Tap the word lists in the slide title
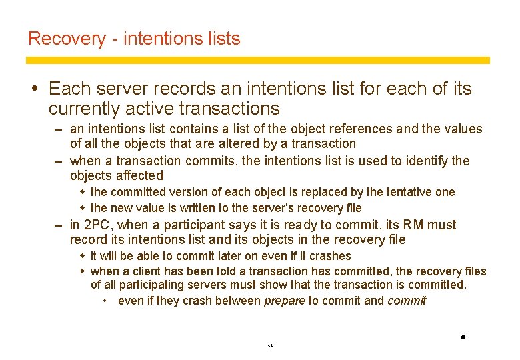click(x=223, y=39)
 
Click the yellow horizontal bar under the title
click(x=257, y=60)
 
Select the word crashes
click(x=329, y=256)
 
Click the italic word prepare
click(x=285, y=301)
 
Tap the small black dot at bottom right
click(x=463, y=337)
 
